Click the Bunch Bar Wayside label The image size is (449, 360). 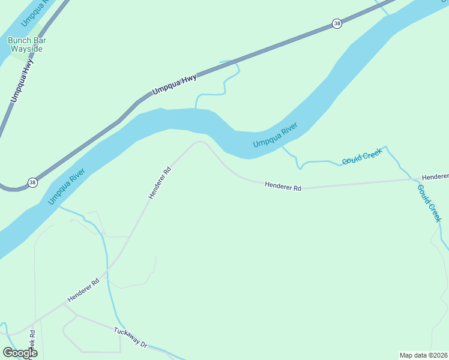pyautogui.click(x=27, y=44)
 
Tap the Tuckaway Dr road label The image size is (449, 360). pyautogui.click(x=130, y=337)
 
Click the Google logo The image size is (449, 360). pyautogui.click(x=20, y=353)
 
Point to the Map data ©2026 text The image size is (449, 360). pyautogui.click(x=424, y=355)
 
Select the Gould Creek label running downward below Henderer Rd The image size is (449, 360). pyautogui.click(x=429, y=203)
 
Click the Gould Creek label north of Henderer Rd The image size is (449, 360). pyautogui.click(x=362, y=158)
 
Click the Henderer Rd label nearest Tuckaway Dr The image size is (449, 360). pyautogui.click(x=83, y=289)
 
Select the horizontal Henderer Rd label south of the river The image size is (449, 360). pyautogui.click(x=282, y=187)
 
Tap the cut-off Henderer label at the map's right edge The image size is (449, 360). pyautogui.click(x=435, y=177)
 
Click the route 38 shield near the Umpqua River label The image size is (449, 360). pyautogui.click(x=32, y=182)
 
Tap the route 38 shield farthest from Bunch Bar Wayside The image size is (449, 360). pyautogui.click(x=337, y=23)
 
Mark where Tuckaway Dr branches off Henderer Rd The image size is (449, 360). pyautogui.click(x=63, y=305)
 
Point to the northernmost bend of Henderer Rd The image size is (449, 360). pyautogui.click(x=200, y=142)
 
